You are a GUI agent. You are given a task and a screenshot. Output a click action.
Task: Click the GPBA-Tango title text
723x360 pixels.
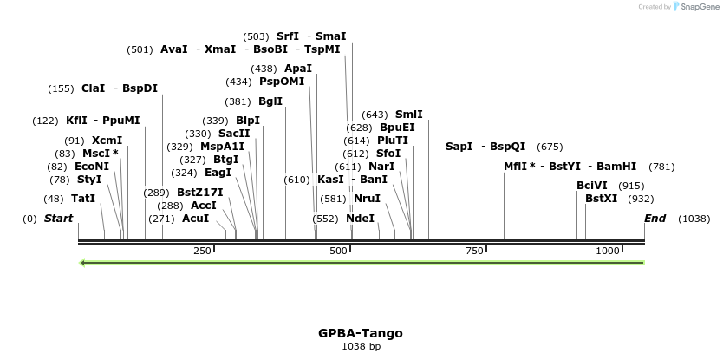360,333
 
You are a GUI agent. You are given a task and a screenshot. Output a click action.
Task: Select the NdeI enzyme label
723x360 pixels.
360,219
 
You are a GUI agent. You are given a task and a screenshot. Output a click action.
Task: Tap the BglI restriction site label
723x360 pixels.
270,101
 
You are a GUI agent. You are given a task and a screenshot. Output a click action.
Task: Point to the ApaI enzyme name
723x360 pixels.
298,69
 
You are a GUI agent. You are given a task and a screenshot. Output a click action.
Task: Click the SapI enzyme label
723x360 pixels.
459,147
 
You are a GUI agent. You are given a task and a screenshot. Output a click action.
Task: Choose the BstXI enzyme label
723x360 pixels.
601,199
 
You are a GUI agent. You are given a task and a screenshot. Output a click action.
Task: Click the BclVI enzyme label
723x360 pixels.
592,186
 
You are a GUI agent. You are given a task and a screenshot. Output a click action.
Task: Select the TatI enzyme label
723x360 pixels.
83,199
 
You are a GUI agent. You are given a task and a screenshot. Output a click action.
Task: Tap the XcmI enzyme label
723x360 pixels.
107,141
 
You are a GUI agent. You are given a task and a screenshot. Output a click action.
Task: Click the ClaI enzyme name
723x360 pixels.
93,88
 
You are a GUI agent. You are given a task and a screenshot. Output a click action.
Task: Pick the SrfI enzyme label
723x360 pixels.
288,36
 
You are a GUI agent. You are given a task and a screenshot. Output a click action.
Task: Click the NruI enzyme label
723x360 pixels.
367,199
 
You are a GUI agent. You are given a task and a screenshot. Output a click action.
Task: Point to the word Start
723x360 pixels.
58,219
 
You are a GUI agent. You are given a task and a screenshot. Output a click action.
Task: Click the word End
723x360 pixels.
655,219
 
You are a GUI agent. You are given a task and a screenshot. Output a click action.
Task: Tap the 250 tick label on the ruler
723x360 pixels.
203,251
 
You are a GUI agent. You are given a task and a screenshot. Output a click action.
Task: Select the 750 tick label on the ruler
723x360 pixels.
474,251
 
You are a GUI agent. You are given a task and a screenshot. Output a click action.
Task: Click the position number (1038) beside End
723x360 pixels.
694,219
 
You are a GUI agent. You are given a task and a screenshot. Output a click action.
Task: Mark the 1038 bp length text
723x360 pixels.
361,347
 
